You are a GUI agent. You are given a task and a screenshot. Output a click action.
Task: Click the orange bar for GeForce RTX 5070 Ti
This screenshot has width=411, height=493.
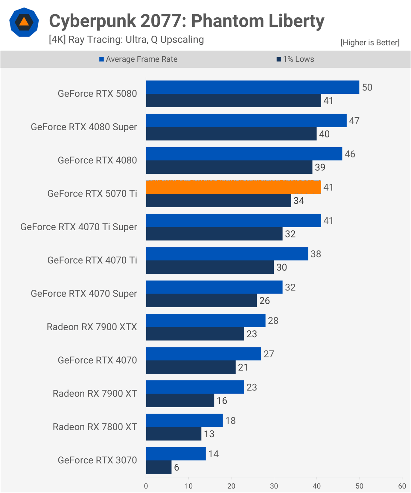tap(233, 187)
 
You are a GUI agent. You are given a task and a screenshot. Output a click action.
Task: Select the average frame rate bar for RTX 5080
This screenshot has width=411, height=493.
tap(252, 87)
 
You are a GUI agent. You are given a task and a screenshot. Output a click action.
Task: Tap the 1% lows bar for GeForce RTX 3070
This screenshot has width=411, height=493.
tap(159, 467)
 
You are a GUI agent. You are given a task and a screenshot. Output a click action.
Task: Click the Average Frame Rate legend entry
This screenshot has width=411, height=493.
tap(138, 59)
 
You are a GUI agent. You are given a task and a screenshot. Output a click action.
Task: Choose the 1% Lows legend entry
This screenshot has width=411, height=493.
tap(295, 59)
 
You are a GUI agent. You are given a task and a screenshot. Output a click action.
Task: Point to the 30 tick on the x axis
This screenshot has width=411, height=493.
tap(274, 486)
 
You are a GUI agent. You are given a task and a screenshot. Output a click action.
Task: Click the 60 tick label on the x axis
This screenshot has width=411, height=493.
tap(402, 486)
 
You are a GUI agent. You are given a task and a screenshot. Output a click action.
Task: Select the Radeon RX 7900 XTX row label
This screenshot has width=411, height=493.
tap(92, 327)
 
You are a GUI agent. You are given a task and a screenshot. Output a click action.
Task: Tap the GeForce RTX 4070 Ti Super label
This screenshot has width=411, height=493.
tap(79, 227)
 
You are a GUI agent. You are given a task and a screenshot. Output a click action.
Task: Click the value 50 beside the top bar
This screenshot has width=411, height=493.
tap(367, 87)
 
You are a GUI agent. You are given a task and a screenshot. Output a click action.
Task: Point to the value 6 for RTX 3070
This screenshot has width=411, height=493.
tap(176, 468)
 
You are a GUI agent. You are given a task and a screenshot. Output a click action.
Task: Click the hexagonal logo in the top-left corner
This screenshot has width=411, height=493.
tap(24, 22)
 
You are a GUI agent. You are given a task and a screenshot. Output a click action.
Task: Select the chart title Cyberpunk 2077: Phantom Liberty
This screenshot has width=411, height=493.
tap(187, 21)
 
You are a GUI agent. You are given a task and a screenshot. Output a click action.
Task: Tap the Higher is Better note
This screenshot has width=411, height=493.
tap(370, 43)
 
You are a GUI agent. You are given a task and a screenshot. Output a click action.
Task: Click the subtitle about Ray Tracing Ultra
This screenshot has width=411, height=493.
tap(126, 40)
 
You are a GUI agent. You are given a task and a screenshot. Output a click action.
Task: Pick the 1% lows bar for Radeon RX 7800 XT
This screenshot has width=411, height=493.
tap(173, 434)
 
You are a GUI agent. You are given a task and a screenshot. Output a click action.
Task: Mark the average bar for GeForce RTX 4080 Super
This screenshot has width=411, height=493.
tap(246, 120)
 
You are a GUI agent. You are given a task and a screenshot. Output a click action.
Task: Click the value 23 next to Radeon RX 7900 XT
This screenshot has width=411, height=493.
tap(252, 387)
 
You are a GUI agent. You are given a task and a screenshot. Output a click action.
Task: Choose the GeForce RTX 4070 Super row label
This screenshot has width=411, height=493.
tap(84, 294)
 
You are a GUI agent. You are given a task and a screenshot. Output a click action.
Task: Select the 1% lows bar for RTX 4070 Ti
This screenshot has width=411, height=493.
tap(210, 267)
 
